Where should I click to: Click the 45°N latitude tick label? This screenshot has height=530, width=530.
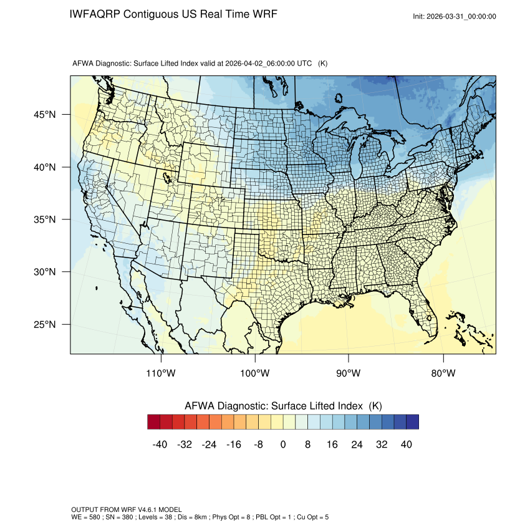pos(45,115)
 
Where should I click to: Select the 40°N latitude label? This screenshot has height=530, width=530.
pos(45,167)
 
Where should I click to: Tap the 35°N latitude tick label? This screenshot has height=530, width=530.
pos(45,219)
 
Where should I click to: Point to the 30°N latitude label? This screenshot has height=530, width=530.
pos(45,272)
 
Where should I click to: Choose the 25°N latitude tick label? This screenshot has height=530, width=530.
pos(45,324)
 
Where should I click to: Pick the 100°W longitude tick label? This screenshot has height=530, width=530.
pos(255,373)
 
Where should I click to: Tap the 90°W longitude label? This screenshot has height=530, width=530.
pos(349,373)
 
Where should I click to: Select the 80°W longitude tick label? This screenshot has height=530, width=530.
pos(443,373)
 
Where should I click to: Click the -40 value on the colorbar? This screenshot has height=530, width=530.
pos(160,445)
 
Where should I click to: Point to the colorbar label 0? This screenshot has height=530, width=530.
pos(283,445)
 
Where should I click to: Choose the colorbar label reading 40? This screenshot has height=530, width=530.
pos(406,445)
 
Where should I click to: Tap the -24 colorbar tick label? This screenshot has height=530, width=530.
pos(209,445)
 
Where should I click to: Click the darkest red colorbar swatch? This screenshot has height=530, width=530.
pos(154,422)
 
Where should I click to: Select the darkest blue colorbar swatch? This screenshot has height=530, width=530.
pos(412,422)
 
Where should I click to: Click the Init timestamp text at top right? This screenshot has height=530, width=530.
pos(455,16)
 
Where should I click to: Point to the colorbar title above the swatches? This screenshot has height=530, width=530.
pos(283,406)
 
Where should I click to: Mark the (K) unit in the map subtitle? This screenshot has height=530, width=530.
pos(323,64)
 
